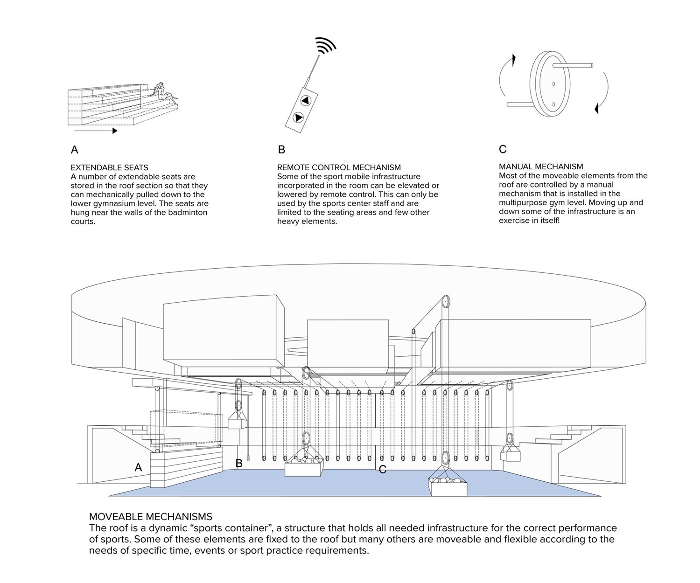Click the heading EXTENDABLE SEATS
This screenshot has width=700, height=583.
coord(109,167)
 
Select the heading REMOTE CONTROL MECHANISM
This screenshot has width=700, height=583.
coord(339,167)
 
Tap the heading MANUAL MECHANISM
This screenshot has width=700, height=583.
coord(541,167)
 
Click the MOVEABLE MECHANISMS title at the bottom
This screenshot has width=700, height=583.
coord(150,517)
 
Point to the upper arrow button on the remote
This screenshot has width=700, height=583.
coord(305,100)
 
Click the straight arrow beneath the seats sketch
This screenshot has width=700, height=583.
coord(96,131)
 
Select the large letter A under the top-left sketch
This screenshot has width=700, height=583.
coord(74,150)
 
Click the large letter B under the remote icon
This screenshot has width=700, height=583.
coord(281,149)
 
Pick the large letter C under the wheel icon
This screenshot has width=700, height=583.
coord(503,149)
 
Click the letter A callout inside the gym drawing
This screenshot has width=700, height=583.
coord(138,467)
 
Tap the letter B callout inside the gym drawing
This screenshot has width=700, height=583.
coord(239,464)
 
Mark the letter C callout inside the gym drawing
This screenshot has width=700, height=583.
coord(383,469)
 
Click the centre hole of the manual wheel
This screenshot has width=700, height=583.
coord(553,83)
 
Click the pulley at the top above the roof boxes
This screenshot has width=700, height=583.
coord(446,302)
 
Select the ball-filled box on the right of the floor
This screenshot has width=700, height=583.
coord(448,486)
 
